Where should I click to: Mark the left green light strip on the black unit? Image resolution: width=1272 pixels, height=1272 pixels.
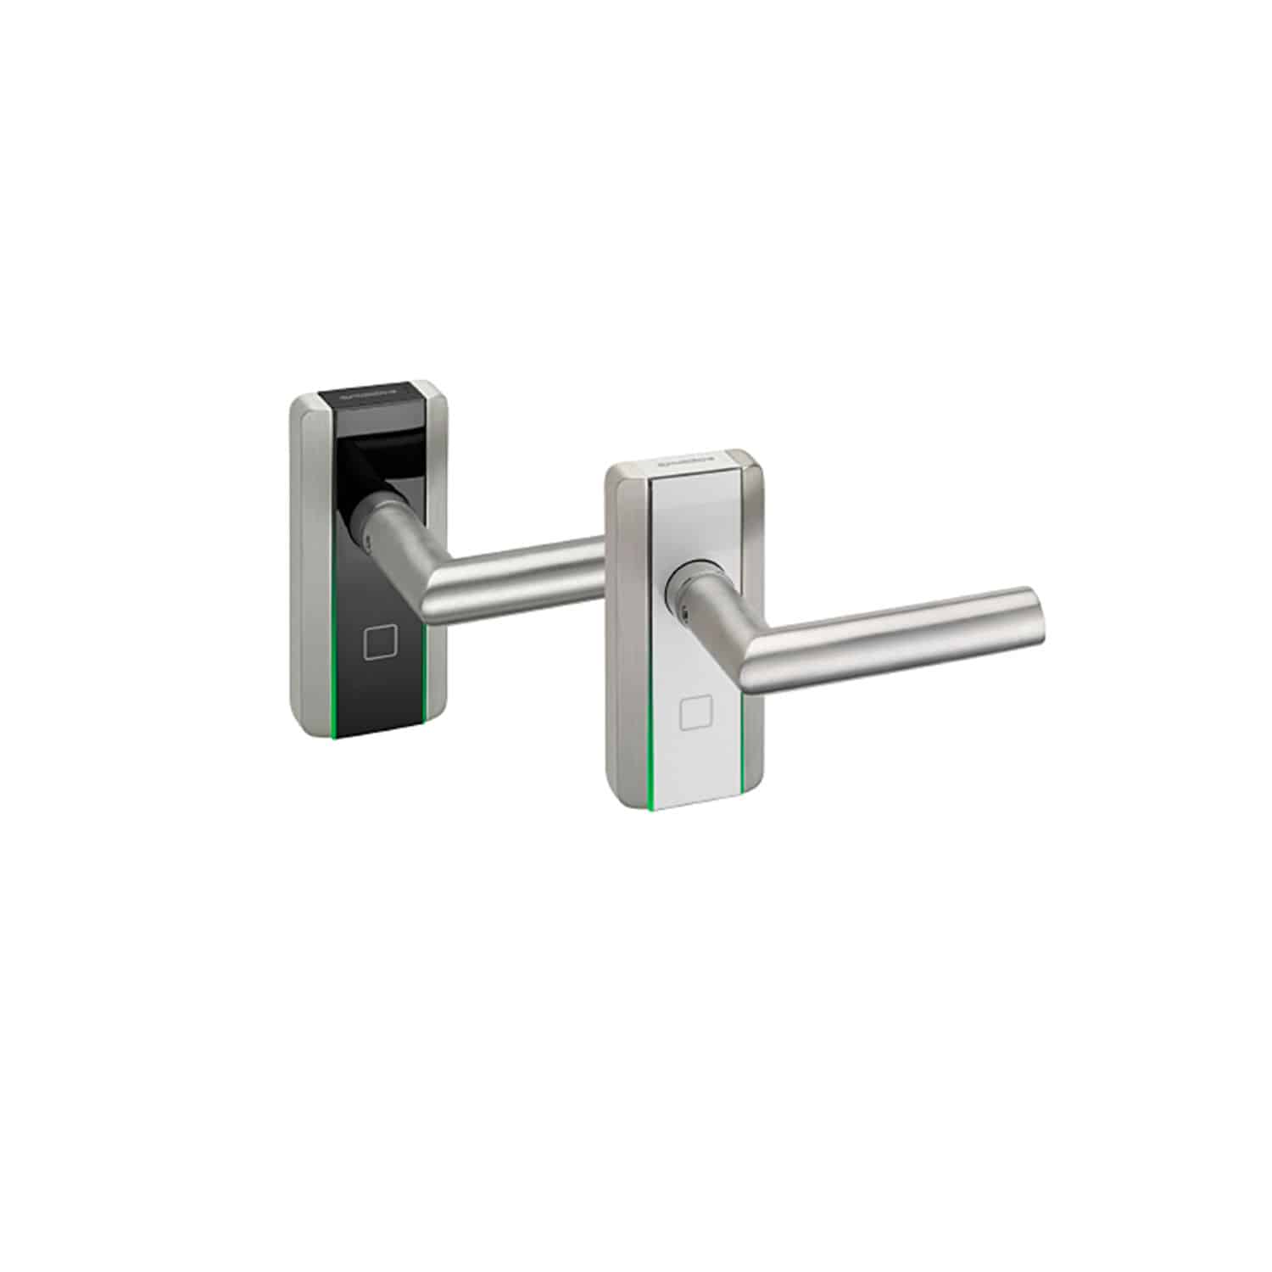click(337, 661)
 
